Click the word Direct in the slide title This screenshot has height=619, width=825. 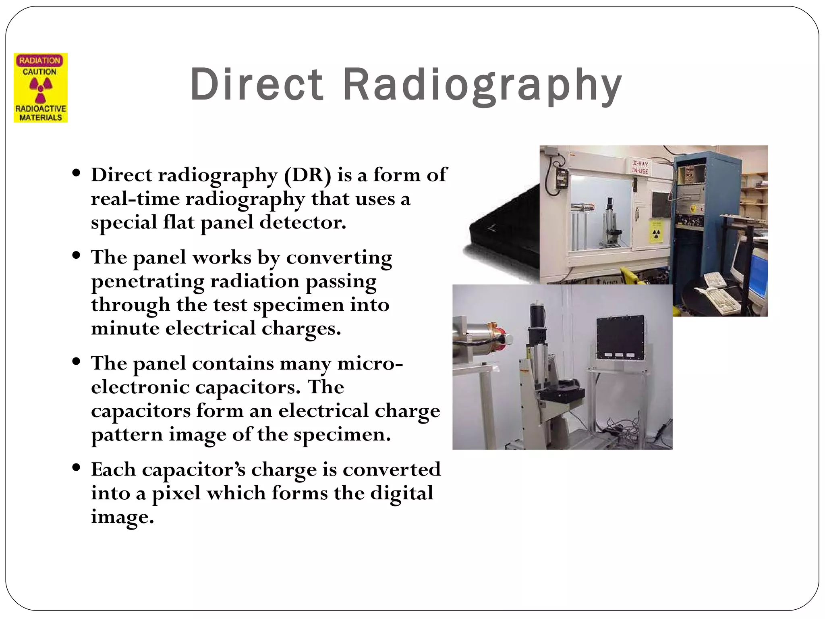[x=257, y=85]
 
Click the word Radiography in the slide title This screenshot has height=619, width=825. [x=482, y=85]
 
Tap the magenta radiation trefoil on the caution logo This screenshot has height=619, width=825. [x=41, y=89]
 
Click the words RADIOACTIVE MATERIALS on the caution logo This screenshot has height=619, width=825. [x=41, y=113]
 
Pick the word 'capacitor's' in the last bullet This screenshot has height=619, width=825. [x=193, y=470]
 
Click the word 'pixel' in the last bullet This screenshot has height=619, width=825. [x=176, y=493]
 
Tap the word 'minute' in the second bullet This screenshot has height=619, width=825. [x=125, y=328]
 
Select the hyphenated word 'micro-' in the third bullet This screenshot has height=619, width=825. [x=370, y=364]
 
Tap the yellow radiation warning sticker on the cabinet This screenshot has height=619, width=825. [x=656, y=232]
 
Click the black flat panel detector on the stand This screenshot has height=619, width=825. [x=620, y=338]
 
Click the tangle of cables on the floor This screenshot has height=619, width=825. [x=616, y=429]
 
